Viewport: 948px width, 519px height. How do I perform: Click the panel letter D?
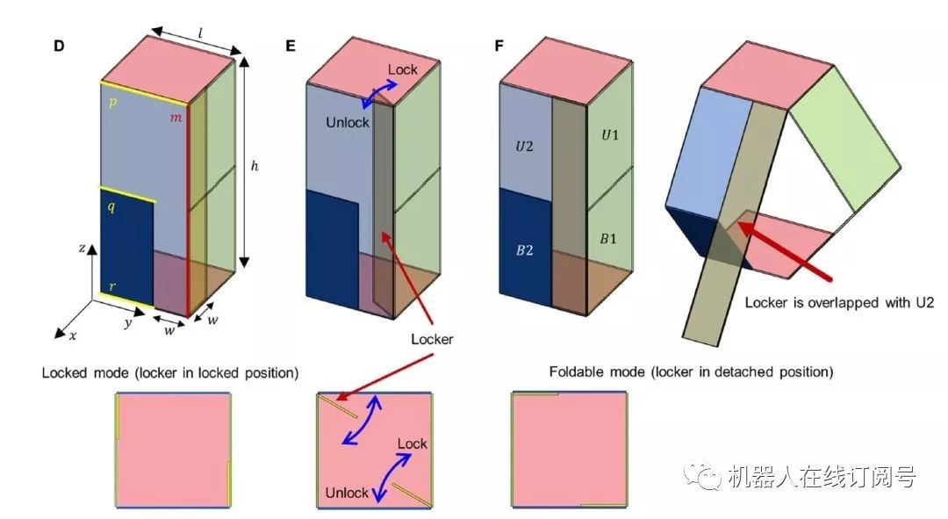59,46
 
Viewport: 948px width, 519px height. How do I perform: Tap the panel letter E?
291,46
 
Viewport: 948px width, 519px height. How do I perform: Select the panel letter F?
499,46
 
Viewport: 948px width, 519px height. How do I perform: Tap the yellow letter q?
111,209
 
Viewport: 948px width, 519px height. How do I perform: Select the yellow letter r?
111,287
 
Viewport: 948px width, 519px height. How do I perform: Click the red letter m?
176,119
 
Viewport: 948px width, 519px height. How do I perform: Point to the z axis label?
82,249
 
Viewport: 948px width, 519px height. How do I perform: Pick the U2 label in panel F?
525,144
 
